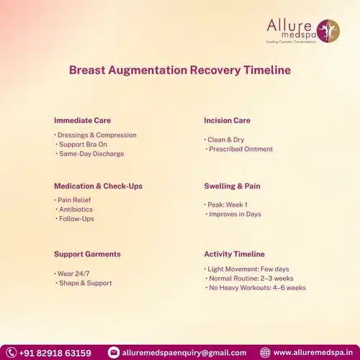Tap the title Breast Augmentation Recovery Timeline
(x=179, y=71)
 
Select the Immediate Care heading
(x=82, y=120)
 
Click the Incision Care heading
(x=227, y=120)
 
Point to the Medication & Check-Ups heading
(x=98, y=186)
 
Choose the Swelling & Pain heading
(x=232, y=186)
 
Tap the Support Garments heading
(x=87, y=254)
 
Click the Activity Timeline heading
(x=234, y=254)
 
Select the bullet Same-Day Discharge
(x=91, y=153)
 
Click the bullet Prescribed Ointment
(x=240, y=149)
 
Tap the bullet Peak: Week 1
(x=228, y=205)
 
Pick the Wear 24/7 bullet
(x=73, y=274)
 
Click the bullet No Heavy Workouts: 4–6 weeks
(x=256, y=287)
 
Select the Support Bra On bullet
(x=86, y=144)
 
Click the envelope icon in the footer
(x=113, y=353)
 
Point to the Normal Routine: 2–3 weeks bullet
(x=249, y=278)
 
